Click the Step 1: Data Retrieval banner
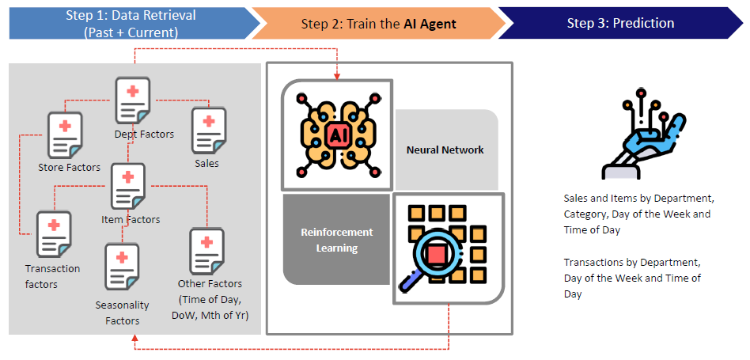(x=131, y=24)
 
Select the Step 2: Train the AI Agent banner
(x=378, y=24)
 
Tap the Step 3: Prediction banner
(x=620, y=24)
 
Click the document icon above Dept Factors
(x=133, y=100)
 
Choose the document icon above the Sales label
(x=208, y=131)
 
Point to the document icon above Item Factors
(x=128, y=187)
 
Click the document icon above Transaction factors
(x=54, y=234)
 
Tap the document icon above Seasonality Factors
(x=122, y=267)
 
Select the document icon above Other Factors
(x=206, y=251)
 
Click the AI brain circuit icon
(x=337, y=135)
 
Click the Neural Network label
(x=445, y=150)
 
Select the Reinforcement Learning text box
(x=336, y=240)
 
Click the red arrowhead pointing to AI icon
(x=337, y=76)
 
